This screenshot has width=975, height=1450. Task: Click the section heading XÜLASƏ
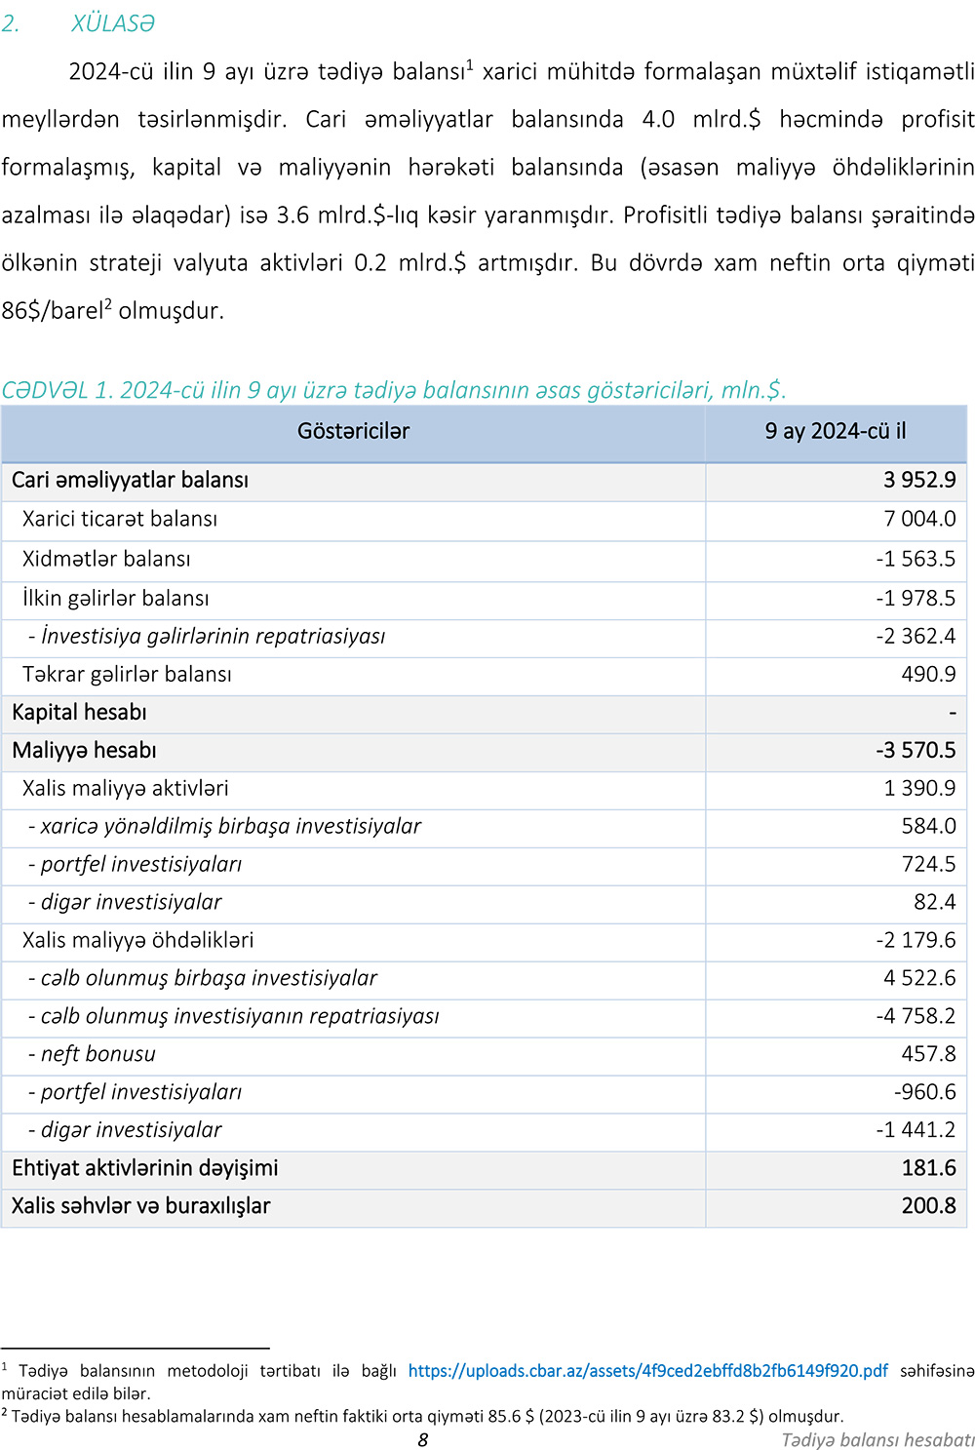(x=112, y=23)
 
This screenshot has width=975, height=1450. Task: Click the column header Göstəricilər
(x=353, y=431)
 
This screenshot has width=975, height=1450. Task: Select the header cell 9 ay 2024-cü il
(x=836, y=431)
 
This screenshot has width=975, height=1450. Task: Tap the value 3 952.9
(x=919, y=480)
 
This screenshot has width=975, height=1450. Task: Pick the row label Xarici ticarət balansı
(x=120, y=519)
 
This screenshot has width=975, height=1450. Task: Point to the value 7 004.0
(x=919, y=519)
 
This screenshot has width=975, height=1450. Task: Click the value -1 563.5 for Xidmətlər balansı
(x=916, y=559)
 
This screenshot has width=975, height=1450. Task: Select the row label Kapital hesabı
(x=79, y=713)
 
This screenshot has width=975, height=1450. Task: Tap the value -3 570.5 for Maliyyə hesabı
(x=916, y=751)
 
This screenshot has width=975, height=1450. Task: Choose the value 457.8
(x=928, y=1054)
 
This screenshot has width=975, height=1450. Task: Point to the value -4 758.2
(x=916, y=1016)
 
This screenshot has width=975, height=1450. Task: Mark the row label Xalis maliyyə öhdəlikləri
(x=137, y=940)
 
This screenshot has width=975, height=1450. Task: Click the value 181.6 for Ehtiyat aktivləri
(x=928, y=1168)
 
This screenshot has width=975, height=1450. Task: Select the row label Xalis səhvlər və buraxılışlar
(x=140, y=1206)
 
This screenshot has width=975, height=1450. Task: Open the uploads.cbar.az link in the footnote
(x=647, y=1371)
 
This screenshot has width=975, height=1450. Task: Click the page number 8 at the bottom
(x=422, y=1440)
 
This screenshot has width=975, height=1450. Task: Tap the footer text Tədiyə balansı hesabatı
(x=877, y=1440)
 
